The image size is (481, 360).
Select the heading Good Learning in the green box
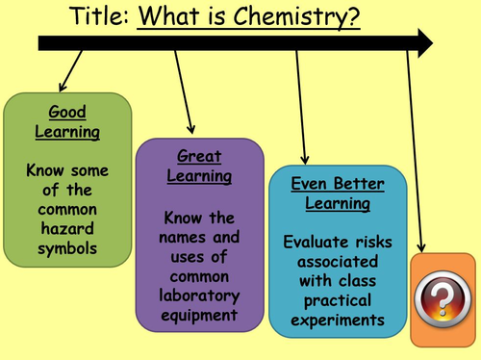pyautogui.click(x=66, y=120)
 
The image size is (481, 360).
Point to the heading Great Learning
pyautogui.click(x=200, y=165)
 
